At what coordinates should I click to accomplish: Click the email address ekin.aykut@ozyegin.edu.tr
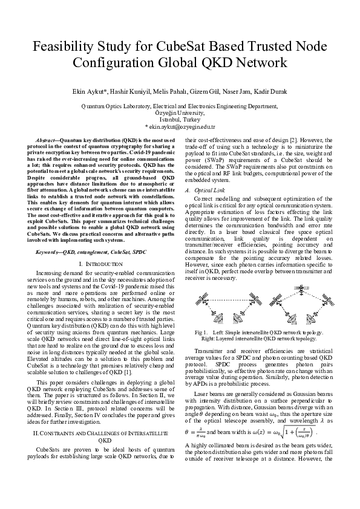coord(182,126)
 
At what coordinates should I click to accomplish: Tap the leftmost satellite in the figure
coord(201,301)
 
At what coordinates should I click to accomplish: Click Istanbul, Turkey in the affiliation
coord(180,120)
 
